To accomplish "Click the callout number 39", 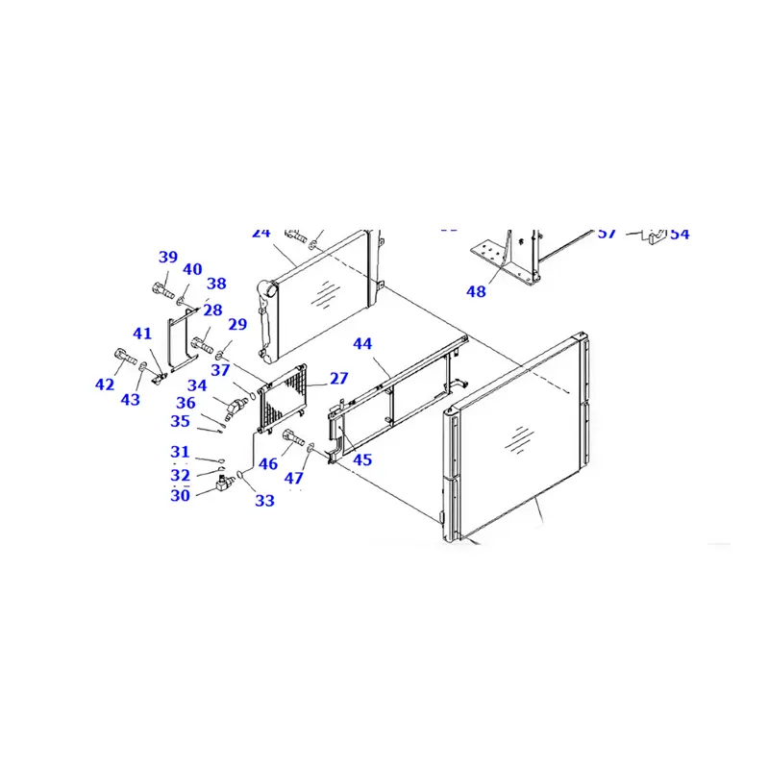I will [x=168, y=257].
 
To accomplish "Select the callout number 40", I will [x=192, y=270].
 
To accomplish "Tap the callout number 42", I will [x=105, y=385].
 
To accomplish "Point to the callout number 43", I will [x=130, y=399].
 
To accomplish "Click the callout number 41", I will [x=142, y=335].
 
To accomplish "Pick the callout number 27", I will [x=339, y=379].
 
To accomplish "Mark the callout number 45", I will [x=361, y=459].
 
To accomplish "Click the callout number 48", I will [x=476, y=291].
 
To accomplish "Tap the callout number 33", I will [x=264, y=501].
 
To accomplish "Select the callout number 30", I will [x=180, y=496].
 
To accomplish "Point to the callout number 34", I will [x=197, y=385].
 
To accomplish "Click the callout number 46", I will [x=267, y=464].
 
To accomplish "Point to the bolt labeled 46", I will [x=294, y=439].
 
